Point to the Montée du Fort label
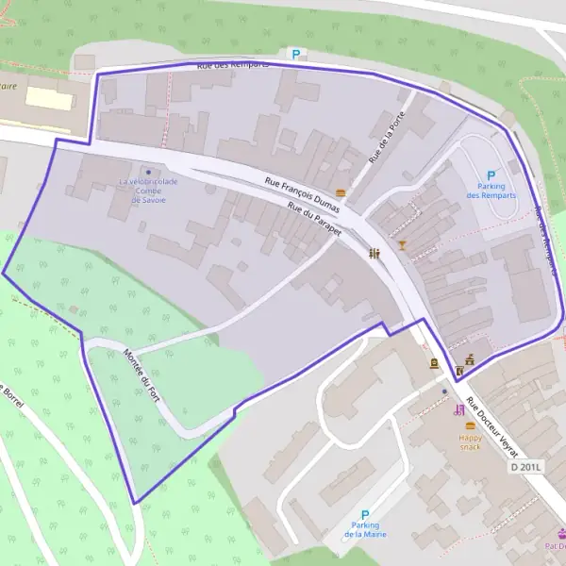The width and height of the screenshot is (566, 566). click(x=142, y=377)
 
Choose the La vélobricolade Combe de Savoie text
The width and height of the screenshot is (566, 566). click(x=148, y=191)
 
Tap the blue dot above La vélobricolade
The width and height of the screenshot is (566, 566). click(x=148, y=172)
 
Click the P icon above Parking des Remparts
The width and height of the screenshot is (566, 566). click(x=491, y=175)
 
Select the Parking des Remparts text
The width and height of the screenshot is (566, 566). click(x=491, y=191)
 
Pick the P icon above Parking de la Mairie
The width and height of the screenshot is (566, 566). click(x=365, y=515)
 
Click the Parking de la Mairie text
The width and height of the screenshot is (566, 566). click(x=365, y=530)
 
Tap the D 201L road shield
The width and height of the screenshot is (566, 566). click(x=527, y=467)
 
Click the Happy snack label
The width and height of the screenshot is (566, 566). click(x=470, y=442)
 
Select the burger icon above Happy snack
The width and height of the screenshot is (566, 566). click(x=470, y=426)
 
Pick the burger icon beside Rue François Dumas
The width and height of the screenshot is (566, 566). click(x=341, y=193)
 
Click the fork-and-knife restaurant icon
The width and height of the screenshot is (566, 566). click(x=375, y=253)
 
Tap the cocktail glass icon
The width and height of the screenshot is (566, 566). click(x=402, y=245)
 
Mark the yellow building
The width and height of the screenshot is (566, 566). click(x=48, y=97)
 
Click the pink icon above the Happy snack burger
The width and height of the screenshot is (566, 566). click(x=459, y=409)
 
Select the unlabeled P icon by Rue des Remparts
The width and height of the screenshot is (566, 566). click(x=295, y=55)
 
